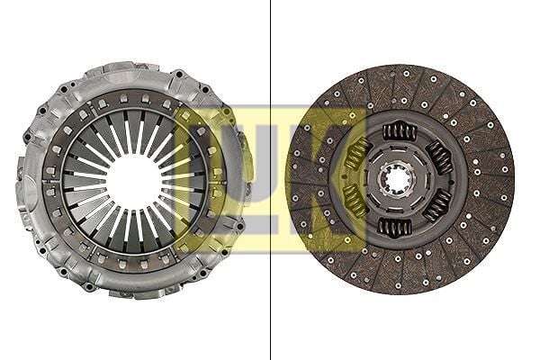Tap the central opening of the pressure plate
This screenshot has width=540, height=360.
click(x=135, y=183)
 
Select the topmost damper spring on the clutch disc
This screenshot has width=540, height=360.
click(x=400, y=131)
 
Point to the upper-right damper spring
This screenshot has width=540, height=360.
click(x=439, y=157)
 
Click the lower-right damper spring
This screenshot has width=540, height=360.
click(x=437, y=205)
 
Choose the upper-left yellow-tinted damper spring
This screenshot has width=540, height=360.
click(x=357, y=154)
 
